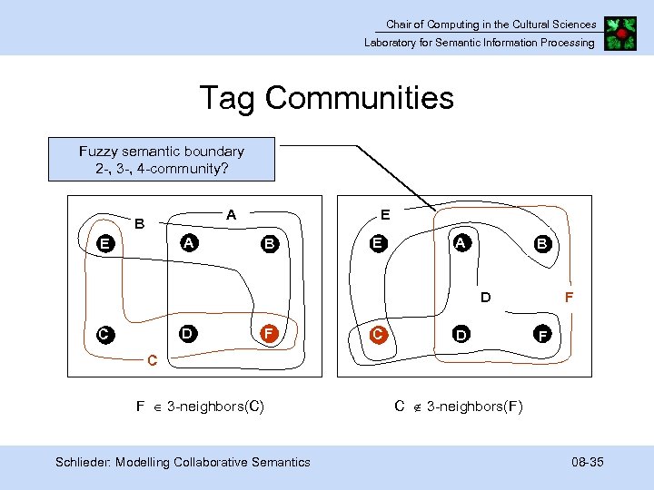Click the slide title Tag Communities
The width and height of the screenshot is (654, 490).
pos(327,97)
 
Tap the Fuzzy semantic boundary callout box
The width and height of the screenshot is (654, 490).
pos(162,160)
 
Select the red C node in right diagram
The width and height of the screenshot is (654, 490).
pos(378,334)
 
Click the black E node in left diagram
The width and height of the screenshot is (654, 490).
pos(107,243)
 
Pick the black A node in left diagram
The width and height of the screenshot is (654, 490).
pos(188,242)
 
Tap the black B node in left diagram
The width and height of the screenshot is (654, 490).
pos(269,243)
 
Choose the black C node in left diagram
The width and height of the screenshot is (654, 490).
pos(105,335)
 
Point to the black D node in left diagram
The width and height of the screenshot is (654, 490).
pos(186,333)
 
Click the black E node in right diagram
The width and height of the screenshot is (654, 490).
pos(377,243)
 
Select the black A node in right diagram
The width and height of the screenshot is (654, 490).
pos(461,243)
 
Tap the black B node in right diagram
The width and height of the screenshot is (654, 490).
pos(542,244)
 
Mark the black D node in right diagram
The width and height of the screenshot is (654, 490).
pos(461,336)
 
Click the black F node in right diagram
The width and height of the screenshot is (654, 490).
pos(542,336)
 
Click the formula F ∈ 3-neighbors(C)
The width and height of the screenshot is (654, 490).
pos(200,407)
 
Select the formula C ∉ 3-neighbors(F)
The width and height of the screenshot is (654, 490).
pos(459,406)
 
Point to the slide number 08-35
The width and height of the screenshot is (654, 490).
pos(588,463)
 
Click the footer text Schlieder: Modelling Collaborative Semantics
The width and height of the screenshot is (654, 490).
pos(183,463)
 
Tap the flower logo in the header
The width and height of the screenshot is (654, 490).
pos(622,33)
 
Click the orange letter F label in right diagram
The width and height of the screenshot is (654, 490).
pos(569,297)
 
